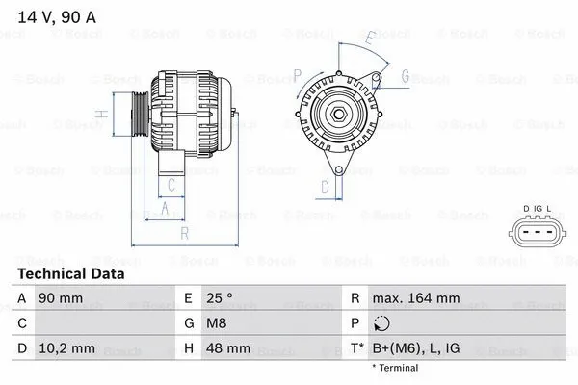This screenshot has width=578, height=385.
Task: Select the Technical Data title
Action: click(71, 274)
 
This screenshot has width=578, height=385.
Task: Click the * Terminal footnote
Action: click(395, 368)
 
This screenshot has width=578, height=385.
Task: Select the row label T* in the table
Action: click(357, 347)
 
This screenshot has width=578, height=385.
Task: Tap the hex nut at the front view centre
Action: click(339, 117)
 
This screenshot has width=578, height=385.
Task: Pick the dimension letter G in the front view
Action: click(406, 76)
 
